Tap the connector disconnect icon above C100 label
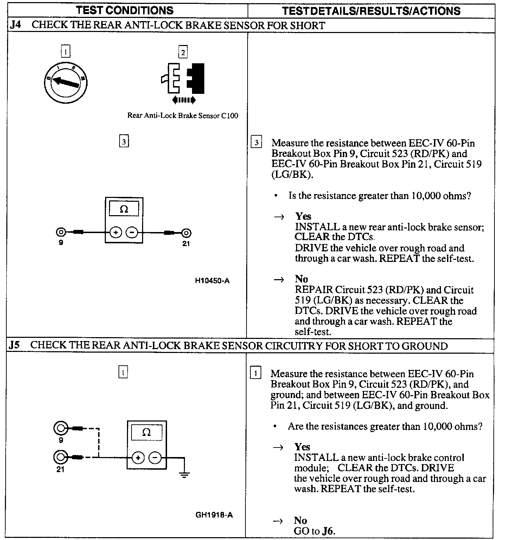point(184,80)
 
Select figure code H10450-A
point(212,281)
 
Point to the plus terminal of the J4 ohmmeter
point(115,232)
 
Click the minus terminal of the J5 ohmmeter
point(155,458)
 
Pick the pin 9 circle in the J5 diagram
point(60,428)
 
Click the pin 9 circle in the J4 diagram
point(61,232)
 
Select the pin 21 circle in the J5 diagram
point(60,457)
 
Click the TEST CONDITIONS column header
point(125,10)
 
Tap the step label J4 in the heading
point(15,25)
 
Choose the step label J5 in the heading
point(15,345)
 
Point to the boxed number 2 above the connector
point(183,52)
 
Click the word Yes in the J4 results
point(303,216)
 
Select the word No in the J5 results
point(300,520)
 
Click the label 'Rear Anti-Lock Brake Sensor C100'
point(183,116)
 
